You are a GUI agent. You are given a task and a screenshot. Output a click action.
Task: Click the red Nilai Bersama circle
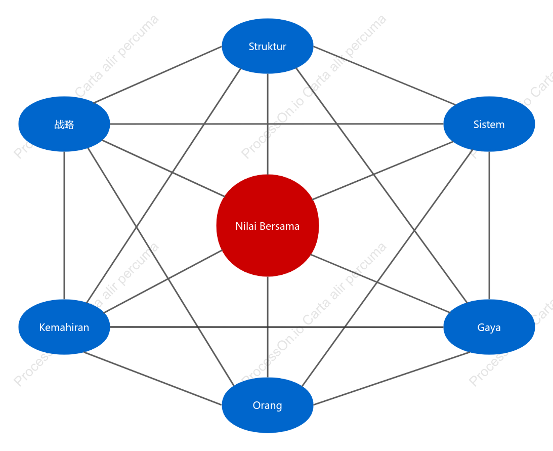click(x=267, y=226)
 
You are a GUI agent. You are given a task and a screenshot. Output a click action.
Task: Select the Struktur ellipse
click(x=267, y=46)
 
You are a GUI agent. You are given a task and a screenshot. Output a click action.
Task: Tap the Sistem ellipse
click(x=489, y=124)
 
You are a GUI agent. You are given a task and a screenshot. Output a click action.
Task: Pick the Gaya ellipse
click(x=489, y=327)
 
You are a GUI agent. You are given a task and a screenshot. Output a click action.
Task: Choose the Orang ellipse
click(x=267, y=405)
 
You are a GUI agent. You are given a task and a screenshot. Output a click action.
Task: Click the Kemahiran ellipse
click(x=64, y=327)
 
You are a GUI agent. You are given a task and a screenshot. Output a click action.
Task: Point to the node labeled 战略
click(x=64, y=124)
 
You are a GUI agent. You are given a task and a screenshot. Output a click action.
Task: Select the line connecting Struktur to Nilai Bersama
click(x=267, y=124)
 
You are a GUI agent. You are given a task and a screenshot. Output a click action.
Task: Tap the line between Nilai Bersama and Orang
click(x=267, y=327)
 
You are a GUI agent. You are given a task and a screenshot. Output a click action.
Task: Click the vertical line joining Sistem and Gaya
click(x=489, y=226)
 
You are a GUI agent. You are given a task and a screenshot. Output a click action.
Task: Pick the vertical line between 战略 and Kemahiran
click(x=64, y=226)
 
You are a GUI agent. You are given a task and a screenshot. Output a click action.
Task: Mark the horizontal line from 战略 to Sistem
click(x=276, y=124)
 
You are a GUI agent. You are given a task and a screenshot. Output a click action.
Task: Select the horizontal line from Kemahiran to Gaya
click(x=276, y=327)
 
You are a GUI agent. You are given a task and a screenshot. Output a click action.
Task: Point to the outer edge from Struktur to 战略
click(x=157, y=74)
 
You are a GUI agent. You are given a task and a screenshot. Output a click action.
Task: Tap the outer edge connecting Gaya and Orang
click(x=392, y=378)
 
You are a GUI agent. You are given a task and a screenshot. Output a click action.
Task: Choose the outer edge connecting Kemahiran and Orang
click(x=153, y=379)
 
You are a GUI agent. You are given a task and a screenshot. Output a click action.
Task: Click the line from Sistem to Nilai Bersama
click(x=382, y=171)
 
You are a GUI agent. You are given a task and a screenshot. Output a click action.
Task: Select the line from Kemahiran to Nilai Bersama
click(x=163, y=281)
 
